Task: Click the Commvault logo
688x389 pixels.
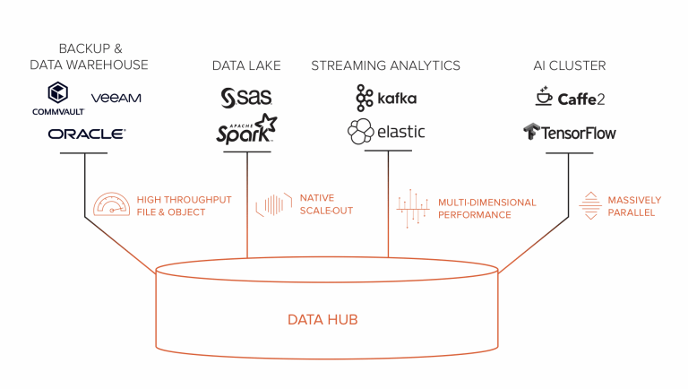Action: coord(58,99)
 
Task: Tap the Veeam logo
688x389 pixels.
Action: coord(116,97)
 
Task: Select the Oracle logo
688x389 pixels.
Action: coord(87,134)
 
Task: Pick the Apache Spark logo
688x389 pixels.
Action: coord(246,130)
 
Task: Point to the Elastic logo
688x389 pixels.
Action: coord(386,132)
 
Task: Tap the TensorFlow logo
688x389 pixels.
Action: coord(570,133)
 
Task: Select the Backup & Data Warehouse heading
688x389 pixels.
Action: coord(89,57)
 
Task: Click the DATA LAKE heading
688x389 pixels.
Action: coord(246,65)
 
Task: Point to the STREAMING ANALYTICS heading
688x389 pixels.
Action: coord(385,65)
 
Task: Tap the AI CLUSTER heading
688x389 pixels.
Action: coord(569,65)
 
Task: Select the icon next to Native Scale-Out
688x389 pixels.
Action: coord(273,204)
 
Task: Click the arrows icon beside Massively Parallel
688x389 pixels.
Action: coord(589,205)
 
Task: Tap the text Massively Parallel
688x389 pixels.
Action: coord(634,206)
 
